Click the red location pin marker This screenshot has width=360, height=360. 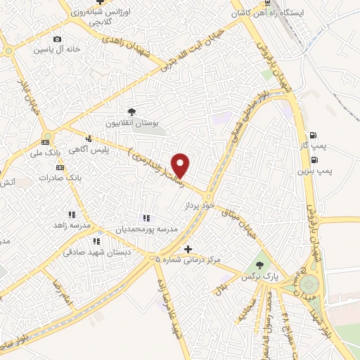pos(181,165)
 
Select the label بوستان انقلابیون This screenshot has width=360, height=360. pos(131,123)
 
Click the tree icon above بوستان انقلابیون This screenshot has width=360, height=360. pos(131,112)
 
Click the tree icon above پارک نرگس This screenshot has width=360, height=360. pos(261,265)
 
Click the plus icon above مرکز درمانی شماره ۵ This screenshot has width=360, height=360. pos(188,249)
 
